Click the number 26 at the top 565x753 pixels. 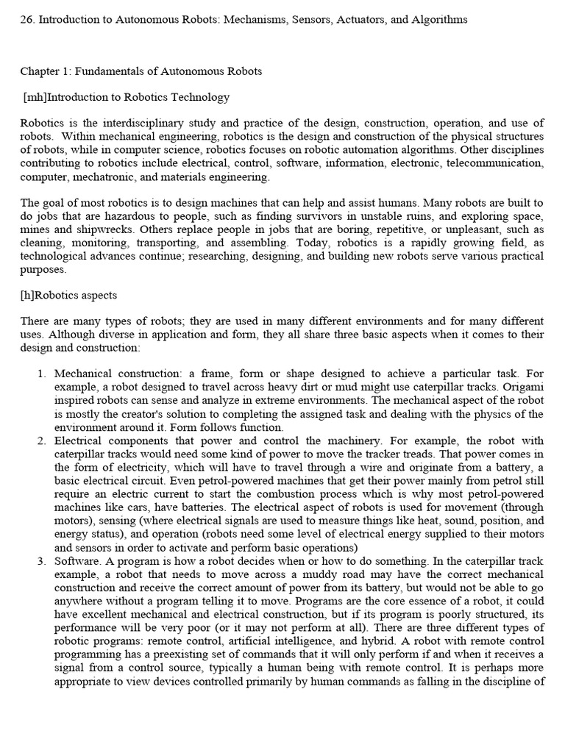pos(26,20)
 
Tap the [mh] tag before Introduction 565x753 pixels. pos(36,97)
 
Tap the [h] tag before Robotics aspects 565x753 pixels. pos(28,295)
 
